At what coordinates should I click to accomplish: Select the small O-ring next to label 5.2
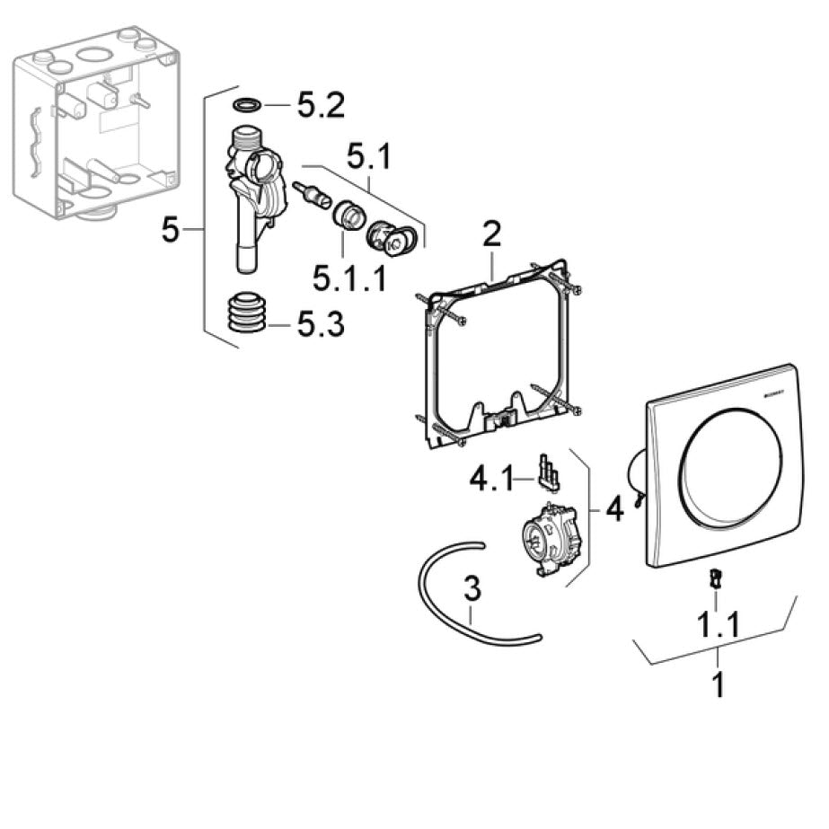pos(247,106)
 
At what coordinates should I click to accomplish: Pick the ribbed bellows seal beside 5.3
pos(244,313)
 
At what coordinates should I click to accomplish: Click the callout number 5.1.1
pos(349,278)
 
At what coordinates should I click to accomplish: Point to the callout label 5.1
pos(369,159)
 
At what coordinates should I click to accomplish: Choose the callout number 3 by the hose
pos(472,590)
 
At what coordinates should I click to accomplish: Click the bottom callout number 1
pos(718,684)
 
